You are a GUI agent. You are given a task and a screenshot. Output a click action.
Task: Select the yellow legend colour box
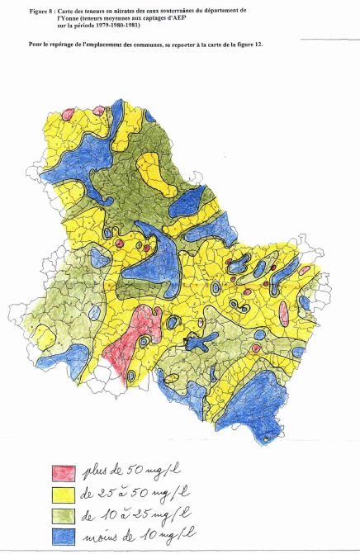tap(64, 495)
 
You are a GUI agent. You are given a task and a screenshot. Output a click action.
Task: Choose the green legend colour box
tap(64, 516)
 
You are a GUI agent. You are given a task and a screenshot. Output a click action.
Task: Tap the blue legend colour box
tap(64, 537)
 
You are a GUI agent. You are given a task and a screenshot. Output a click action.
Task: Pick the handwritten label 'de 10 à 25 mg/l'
tap(134, 514)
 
